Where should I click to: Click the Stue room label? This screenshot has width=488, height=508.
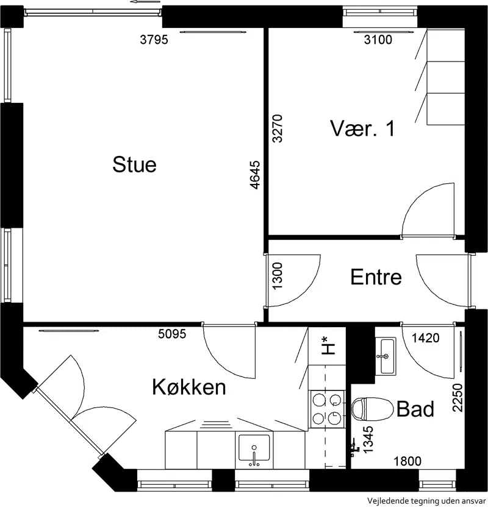click(135, 164)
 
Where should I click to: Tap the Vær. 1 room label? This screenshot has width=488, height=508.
click(363, 128)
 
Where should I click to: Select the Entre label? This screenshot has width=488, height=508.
click(376, 277)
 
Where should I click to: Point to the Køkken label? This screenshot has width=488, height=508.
click(189, 387)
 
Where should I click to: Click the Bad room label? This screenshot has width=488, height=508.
click(415, 409)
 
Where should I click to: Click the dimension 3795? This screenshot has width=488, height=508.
click(154, 40)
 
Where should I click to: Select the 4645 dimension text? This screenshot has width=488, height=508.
click(256, 175)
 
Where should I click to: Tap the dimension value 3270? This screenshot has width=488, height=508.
click(278, 129)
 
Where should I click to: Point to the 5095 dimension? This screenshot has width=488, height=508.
click(172, 334)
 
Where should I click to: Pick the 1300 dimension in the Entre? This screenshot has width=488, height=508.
click(278, 276)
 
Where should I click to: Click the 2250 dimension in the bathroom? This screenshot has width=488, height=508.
click(457, 398)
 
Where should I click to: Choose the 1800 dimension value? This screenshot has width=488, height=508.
click(407, 461)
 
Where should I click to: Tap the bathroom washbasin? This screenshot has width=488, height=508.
click(386, 356)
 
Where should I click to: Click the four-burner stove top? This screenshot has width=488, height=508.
click(328, 409)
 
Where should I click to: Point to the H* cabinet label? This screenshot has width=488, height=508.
click(328, 345)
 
